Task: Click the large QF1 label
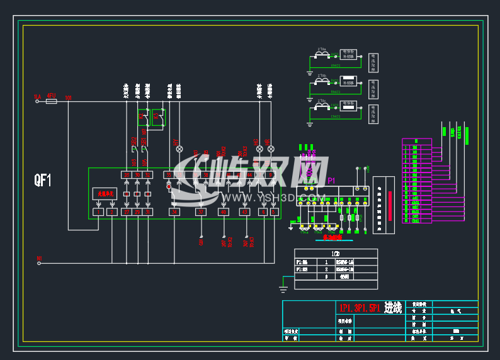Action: (43, 181)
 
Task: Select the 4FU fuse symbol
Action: (52, 100)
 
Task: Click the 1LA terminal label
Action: (37, 97)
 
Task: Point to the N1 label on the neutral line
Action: (39, 258)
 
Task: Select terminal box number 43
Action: (245, 213)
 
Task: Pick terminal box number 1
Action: (98, 213)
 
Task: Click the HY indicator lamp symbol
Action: (179, 149)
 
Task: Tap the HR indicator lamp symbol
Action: (271, 149)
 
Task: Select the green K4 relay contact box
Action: (157, 116)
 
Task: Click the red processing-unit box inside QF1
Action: (105, 193)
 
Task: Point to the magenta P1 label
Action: (331, 181)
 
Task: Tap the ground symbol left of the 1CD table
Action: (283, 288)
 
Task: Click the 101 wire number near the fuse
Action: (68, 98)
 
